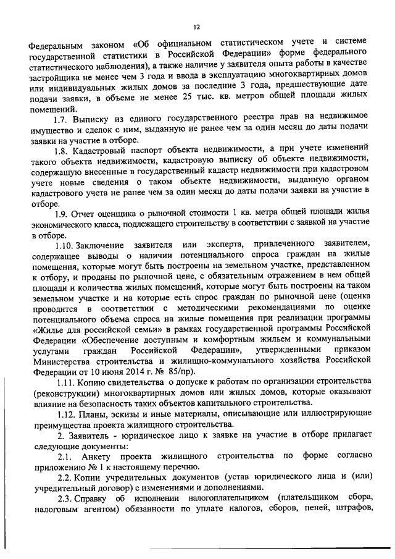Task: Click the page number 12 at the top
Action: pos(197,27)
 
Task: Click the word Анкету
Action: pos(102,456)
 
